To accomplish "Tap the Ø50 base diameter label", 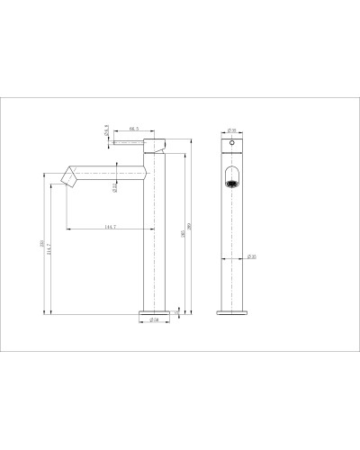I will pyautogui.click(x=154, y=319).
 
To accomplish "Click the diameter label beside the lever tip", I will pyautogui.click(x=105, y=129).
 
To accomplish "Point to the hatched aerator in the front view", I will pyautogui.click(x=231, y=185).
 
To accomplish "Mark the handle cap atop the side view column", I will pyautogui.click(x=154, y=144).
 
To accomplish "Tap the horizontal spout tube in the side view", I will pyautogui.click(x=108, y=171).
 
